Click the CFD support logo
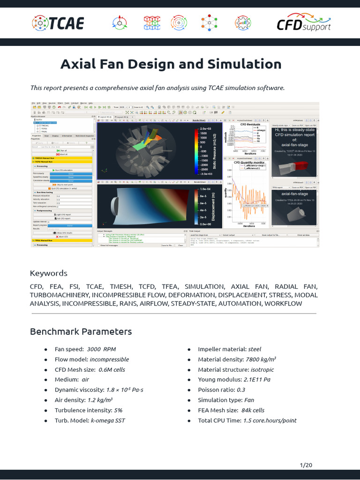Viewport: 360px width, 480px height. tap(304, 22)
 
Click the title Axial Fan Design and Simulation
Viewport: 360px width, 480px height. tap(171, 64)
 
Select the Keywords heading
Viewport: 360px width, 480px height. tap(48, 273)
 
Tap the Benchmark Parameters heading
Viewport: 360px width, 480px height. tap(81, 331)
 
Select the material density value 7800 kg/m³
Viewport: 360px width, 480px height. tap(261, 360)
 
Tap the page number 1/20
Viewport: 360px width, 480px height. tap(306, 465)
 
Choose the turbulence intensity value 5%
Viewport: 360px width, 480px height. tap(115, 410)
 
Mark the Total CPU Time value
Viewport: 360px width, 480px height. tap(270, 420)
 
